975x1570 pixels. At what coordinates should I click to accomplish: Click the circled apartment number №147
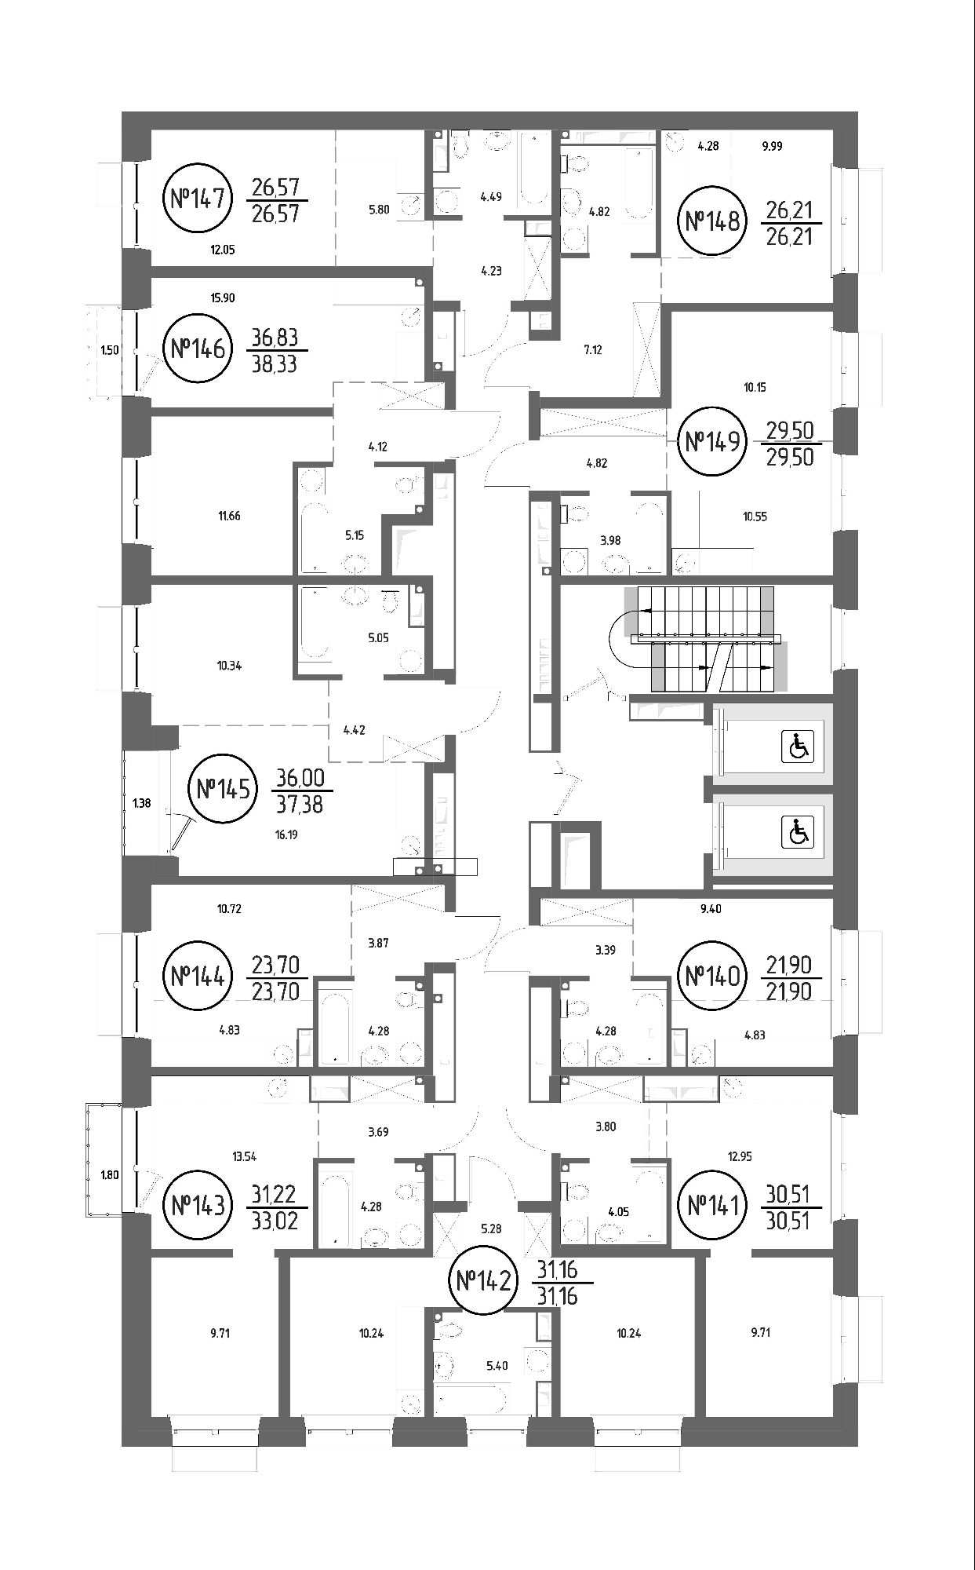198,198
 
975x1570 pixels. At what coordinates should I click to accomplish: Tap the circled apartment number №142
484,1282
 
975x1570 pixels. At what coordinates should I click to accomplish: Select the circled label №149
713,442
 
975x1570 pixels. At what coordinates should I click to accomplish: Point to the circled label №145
224,787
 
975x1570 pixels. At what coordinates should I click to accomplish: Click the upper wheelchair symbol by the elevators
798,746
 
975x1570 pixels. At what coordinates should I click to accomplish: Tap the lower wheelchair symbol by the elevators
798,832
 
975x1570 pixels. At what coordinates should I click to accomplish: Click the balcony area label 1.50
110,350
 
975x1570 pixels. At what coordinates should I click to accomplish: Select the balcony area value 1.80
110,1175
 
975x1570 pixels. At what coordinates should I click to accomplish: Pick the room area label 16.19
286,835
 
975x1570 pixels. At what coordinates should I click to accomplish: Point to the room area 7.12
593,350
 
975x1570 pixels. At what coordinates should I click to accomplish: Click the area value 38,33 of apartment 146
275,364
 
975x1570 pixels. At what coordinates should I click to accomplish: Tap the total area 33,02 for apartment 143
275,1221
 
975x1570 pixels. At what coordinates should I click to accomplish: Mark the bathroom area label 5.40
497,1366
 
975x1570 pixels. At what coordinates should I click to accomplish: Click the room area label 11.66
230,516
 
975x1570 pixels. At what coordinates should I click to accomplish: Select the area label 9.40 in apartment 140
711,909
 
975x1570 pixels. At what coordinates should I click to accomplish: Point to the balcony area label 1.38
141,803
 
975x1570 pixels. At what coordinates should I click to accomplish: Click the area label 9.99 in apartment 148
772,146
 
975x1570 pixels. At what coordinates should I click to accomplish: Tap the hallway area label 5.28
491,1229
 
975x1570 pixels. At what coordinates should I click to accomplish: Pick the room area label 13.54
245,1156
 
